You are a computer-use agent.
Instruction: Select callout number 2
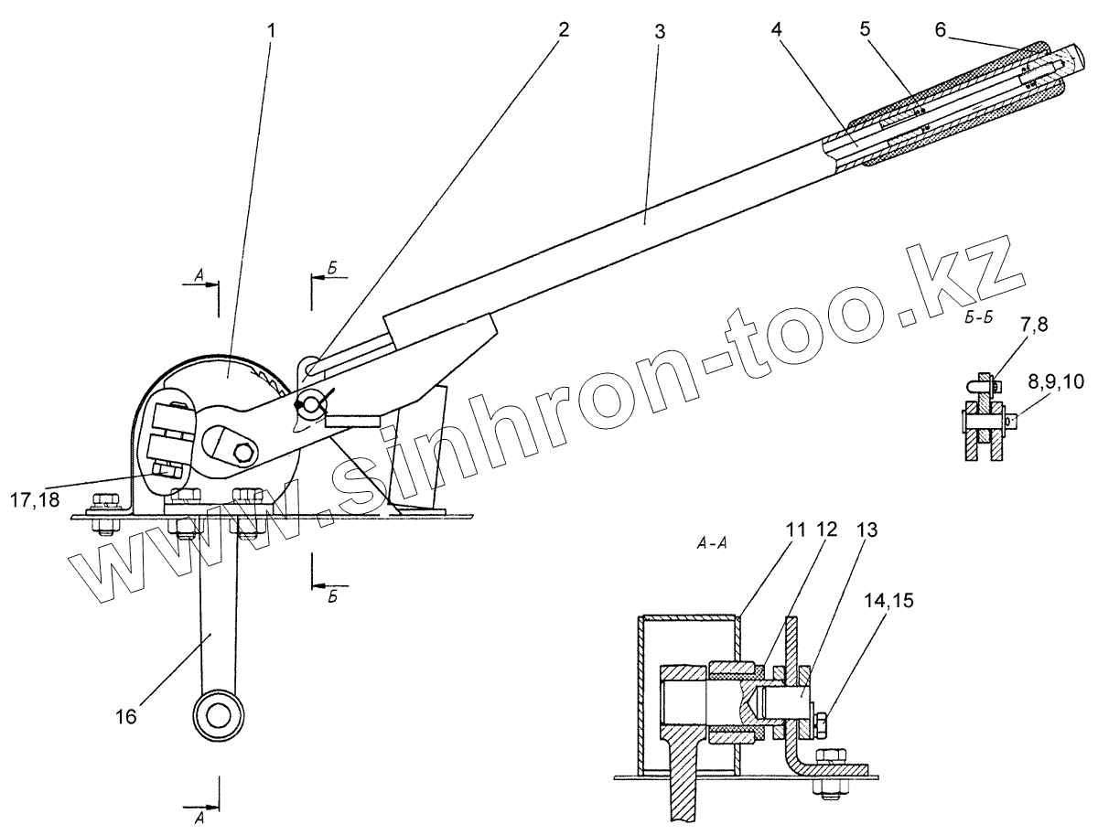[564, 29]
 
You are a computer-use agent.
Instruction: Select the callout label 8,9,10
[1049, 382]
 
